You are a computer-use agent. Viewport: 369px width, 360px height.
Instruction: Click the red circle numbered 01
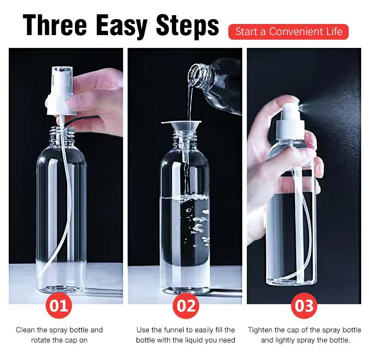59,306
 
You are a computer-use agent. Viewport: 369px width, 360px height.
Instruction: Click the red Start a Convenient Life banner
288,32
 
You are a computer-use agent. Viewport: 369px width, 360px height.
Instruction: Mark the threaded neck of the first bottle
61,134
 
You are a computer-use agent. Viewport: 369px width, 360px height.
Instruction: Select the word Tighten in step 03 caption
261,330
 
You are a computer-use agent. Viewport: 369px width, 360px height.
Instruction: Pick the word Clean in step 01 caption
26,330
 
